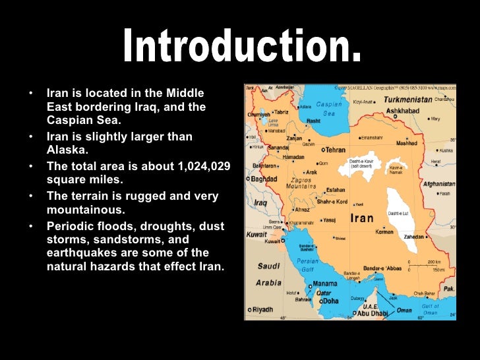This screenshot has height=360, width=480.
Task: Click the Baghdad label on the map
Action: tap(263, 178)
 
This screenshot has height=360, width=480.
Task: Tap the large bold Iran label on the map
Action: tap(362, 218)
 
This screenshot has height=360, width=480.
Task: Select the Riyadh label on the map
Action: tap(262, 309)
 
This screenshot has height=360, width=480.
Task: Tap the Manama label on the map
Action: tap(326, 284)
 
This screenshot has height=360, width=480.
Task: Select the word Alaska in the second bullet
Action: tap(62, 150)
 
